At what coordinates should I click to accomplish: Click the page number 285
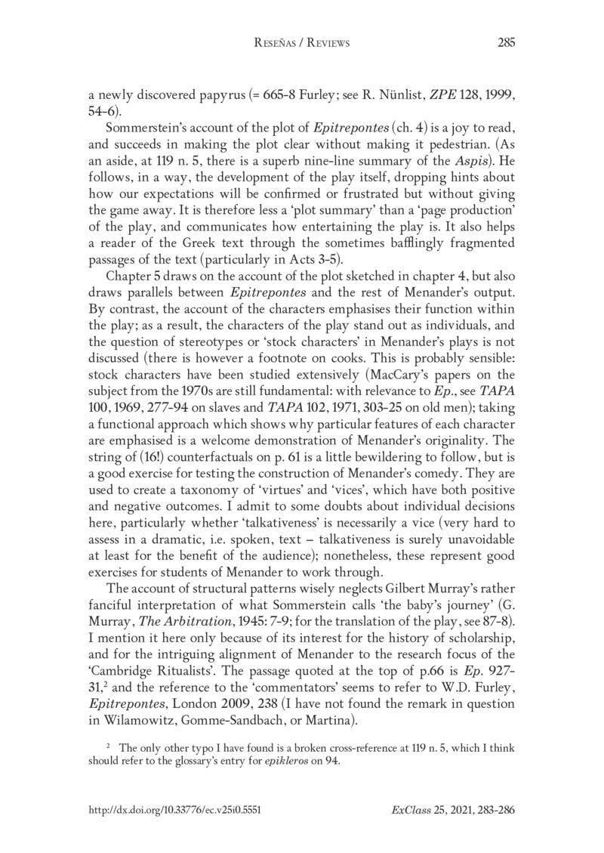506,43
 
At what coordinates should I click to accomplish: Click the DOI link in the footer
175,808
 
